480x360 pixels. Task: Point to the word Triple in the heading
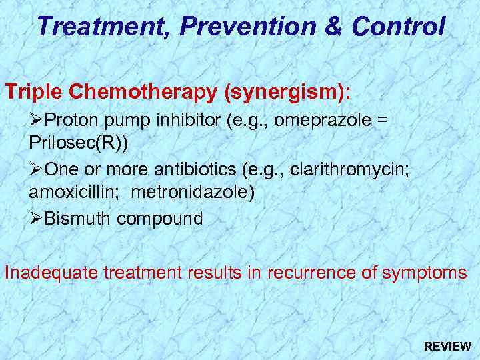click(32, 92)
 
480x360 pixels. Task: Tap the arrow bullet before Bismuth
click(36, 219)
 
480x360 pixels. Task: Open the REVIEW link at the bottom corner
click(447, 347)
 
